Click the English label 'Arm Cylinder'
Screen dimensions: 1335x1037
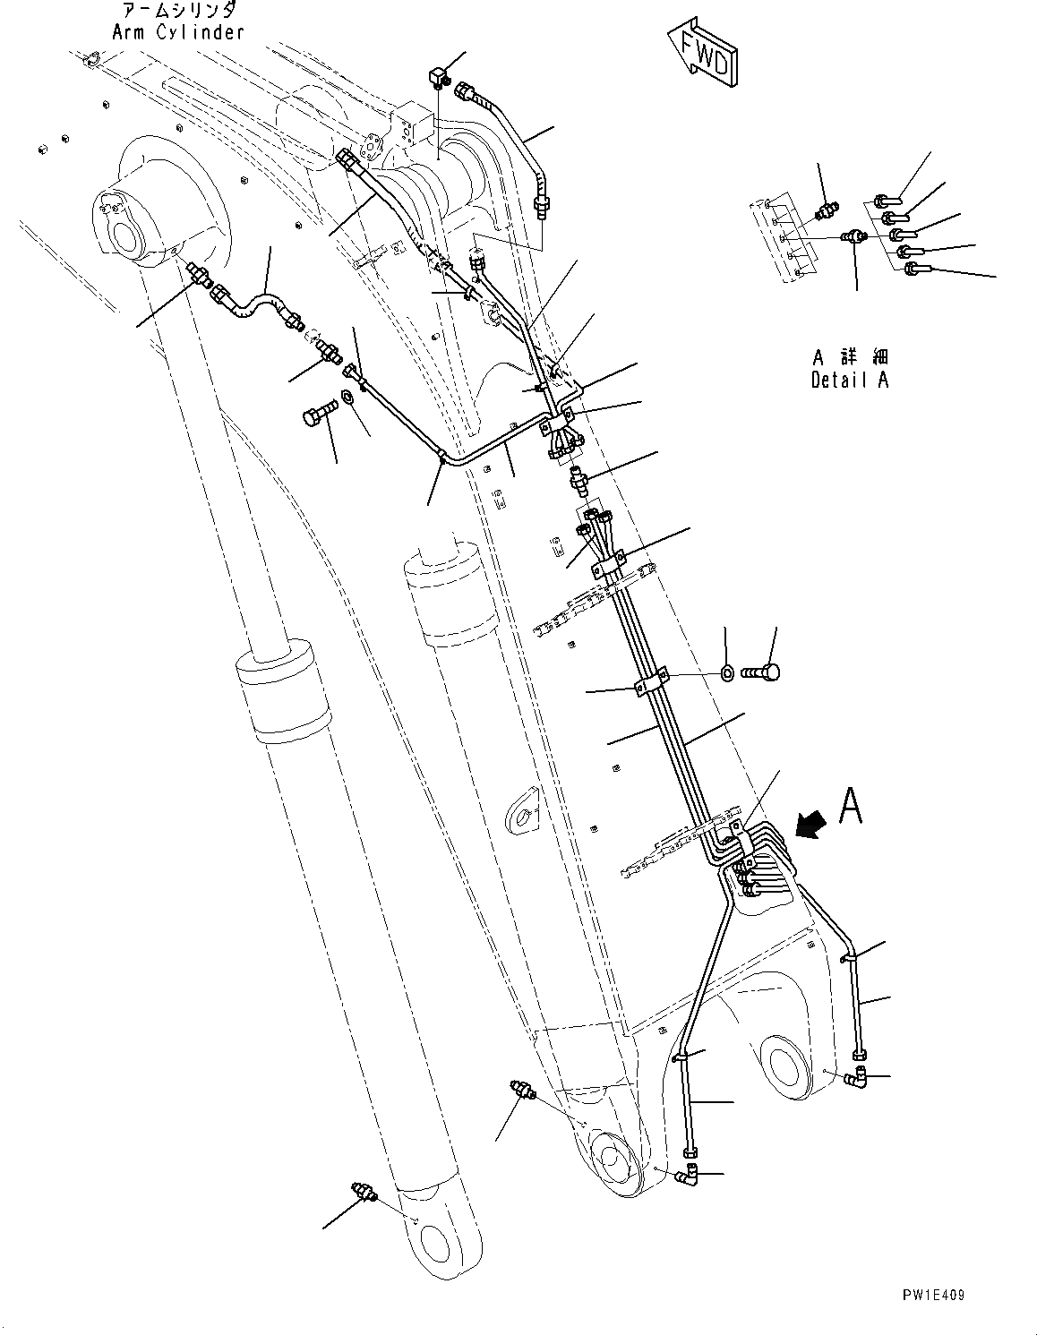(177, 32)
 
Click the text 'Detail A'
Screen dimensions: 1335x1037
(850, 380)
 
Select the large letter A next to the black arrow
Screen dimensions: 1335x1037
(851, 806)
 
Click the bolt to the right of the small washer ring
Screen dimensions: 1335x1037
(762, 671)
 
